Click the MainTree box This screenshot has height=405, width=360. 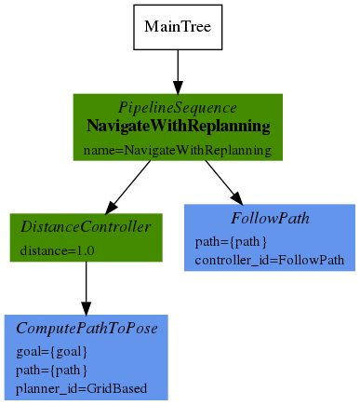(x=178, y=27)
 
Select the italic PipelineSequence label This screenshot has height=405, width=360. (x=178, y=108)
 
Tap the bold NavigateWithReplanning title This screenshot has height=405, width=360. (x=179, y=127)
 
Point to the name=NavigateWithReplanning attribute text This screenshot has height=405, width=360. (x=178, y=150)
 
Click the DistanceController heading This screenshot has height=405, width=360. (x=86, y=227)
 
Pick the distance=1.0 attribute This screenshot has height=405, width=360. (x=57, y=250)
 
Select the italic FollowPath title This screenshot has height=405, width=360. (x=270, y=218)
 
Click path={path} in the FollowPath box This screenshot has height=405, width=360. (x=231, y=242)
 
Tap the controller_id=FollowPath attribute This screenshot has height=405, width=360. (x=270, y=260)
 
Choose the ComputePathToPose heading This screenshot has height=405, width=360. (x=87, y=329)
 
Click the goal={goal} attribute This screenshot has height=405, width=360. (x=52, y=352)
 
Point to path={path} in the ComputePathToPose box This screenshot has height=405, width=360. (x=51, y=371)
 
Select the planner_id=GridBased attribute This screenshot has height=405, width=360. (x=81, y=388)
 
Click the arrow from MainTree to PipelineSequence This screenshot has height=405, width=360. (x=178, y=72)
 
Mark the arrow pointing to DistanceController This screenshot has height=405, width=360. (x=128, y=187)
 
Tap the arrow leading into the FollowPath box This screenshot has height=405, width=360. (x=224, y=182)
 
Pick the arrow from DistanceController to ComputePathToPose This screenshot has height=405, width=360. (x=87, y=289)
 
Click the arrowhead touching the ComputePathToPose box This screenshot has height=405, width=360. (x=87, y=308)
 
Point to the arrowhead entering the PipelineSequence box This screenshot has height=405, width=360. (x=178, y=88)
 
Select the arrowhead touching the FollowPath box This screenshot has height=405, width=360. (x=237, y=198)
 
